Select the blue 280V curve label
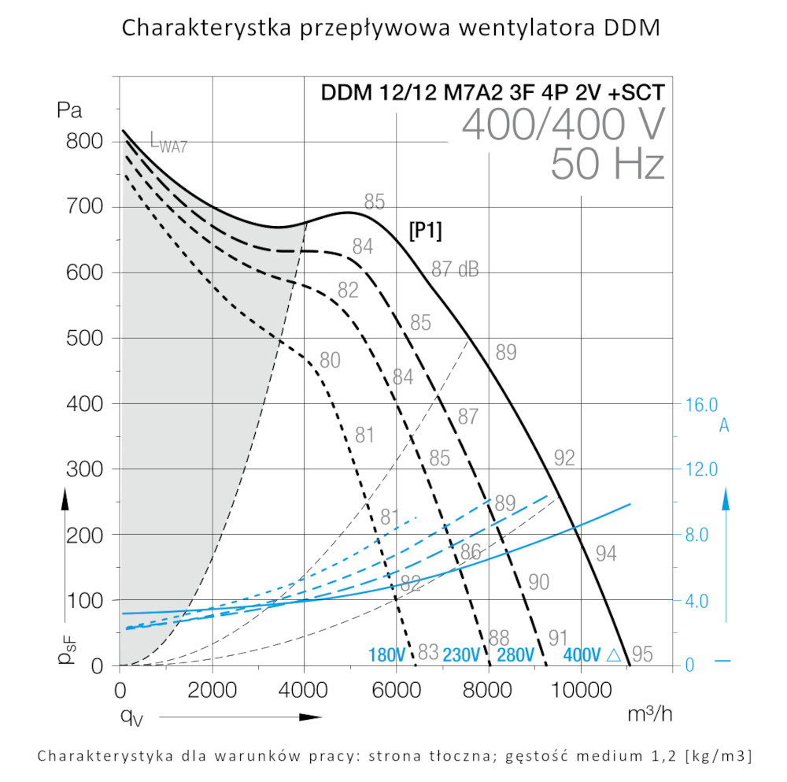[516, 655]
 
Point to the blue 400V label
[582, 655]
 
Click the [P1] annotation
[425, 231]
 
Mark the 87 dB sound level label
[455, 269]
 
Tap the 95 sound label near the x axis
[642, 654]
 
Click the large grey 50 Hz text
[608, 165]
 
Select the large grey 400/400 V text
[563, 124]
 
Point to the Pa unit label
[69, 109]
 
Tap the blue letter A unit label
[724, 426]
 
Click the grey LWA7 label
[168, 143]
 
